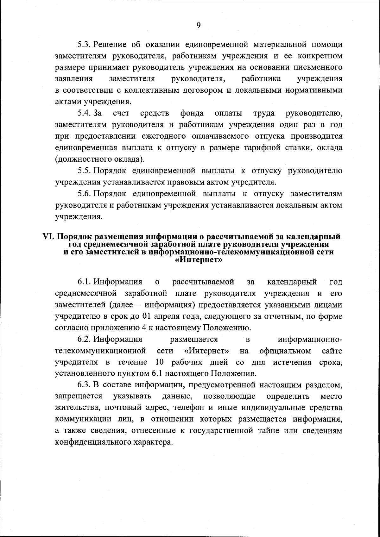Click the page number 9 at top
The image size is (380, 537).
point(198,26)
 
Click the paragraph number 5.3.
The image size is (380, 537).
point(85,45)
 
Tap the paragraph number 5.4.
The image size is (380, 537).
point(85,113)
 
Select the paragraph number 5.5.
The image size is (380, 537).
point(85,171)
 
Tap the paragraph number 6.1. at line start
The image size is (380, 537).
point(85,281)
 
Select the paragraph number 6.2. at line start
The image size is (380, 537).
point(85,340)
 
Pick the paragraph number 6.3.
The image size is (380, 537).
point(85,385)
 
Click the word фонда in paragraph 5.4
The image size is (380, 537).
point(192,113)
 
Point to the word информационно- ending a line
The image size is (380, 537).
point(310,340)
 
